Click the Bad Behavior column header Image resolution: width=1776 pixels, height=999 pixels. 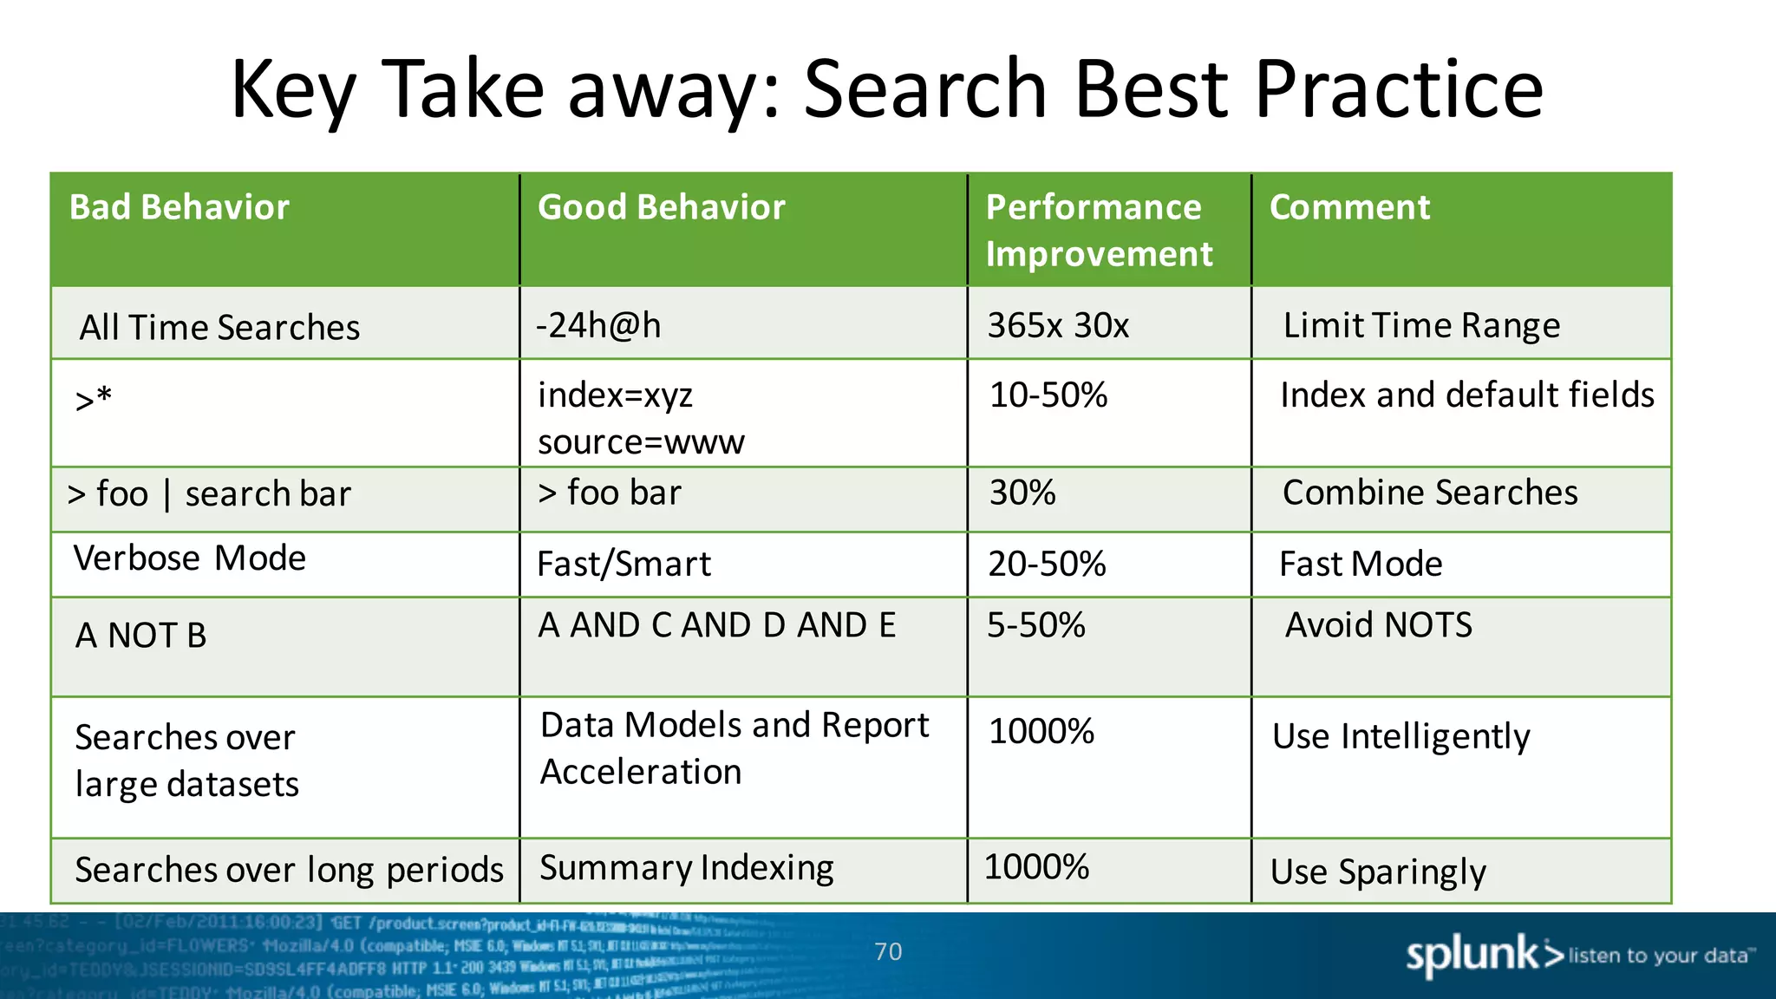179,208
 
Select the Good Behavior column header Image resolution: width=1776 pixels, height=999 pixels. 661,208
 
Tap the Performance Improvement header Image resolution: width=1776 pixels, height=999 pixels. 1098,231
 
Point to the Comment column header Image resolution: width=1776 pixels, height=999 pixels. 1349,208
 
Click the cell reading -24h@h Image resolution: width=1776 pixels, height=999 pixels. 598,326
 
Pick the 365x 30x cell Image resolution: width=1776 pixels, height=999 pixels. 1058,326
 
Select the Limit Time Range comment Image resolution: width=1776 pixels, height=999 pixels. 1421,326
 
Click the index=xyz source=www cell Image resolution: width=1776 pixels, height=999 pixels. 640,418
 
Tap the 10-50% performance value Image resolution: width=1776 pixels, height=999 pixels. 1048,395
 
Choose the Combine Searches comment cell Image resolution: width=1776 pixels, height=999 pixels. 1430,493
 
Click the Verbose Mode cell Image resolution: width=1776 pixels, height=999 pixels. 189,558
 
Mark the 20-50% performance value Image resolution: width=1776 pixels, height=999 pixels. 1047,564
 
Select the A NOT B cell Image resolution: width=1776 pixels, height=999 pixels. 140,636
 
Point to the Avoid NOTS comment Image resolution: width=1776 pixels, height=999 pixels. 1378,625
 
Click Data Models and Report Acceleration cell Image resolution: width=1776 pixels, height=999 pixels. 734,748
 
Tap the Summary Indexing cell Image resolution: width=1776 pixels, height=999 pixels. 686,868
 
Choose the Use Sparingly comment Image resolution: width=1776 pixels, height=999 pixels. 1378,872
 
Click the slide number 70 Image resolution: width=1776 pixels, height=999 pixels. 888,952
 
